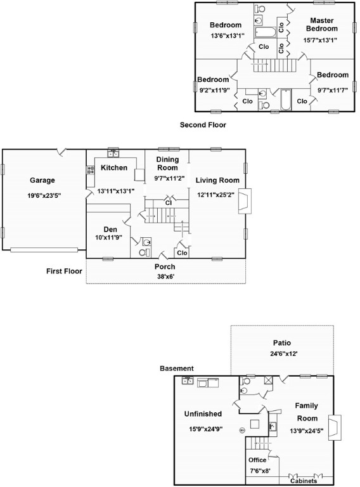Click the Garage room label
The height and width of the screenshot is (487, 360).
coord(42,180)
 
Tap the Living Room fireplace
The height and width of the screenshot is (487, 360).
coord(245,201)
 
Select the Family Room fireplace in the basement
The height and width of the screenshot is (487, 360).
coord(335,427)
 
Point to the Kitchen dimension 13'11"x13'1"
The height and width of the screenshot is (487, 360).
coord(116,191)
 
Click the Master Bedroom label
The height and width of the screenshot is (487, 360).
coord(322,25)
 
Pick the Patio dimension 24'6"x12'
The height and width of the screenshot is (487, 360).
coord(284,353)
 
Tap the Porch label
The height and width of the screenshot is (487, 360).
coord(165,266)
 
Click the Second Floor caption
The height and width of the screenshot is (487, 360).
coord(203,125)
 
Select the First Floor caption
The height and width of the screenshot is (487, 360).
coord(64,271)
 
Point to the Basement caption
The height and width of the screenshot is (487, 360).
coord(177,368)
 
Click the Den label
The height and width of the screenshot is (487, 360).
coord(110,230)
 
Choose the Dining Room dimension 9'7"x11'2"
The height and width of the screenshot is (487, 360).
coord(169,178)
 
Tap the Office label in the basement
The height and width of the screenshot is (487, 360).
coord(257,460)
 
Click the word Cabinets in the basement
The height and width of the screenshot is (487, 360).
coord(304,481)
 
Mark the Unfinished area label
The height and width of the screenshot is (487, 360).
coord(203,413)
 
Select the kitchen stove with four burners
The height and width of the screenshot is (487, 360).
coord(91,170)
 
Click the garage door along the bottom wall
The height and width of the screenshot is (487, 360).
coord(44,249)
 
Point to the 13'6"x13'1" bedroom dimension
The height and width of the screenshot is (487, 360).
coord(228,36)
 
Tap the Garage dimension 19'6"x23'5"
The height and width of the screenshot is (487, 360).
coord(44,196)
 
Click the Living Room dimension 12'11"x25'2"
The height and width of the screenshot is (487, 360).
coord(215,195)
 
